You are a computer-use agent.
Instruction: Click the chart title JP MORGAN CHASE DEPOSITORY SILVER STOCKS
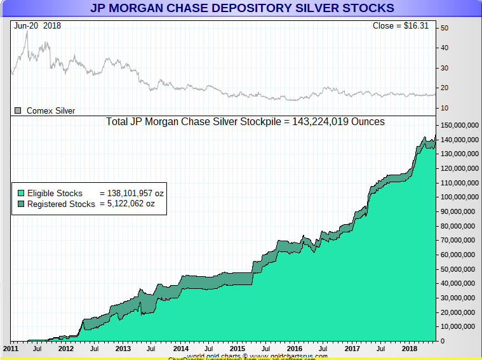[x=242, y=8]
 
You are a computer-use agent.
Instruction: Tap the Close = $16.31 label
[x=401, y=26]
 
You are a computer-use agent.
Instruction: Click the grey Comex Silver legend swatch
[x=18, y=110]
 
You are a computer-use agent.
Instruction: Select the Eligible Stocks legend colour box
[x=20, y=192]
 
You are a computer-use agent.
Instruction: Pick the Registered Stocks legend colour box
[x=20, y=204]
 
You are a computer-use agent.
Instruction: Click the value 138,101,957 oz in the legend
[x=131, y=192]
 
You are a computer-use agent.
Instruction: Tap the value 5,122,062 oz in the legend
[x=131, y=204]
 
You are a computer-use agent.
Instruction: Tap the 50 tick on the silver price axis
[x=445, y=28]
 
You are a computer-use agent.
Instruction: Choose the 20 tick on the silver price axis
[x=445, y=88]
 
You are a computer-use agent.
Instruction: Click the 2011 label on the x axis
[x=11, y=349]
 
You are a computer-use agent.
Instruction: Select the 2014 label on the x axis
[x=181, y=349]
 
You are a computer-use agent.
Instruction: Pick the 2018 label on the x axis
[x=408, y=349]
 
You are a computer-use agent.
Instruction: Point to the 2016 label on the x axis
[x=295, y=349]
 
